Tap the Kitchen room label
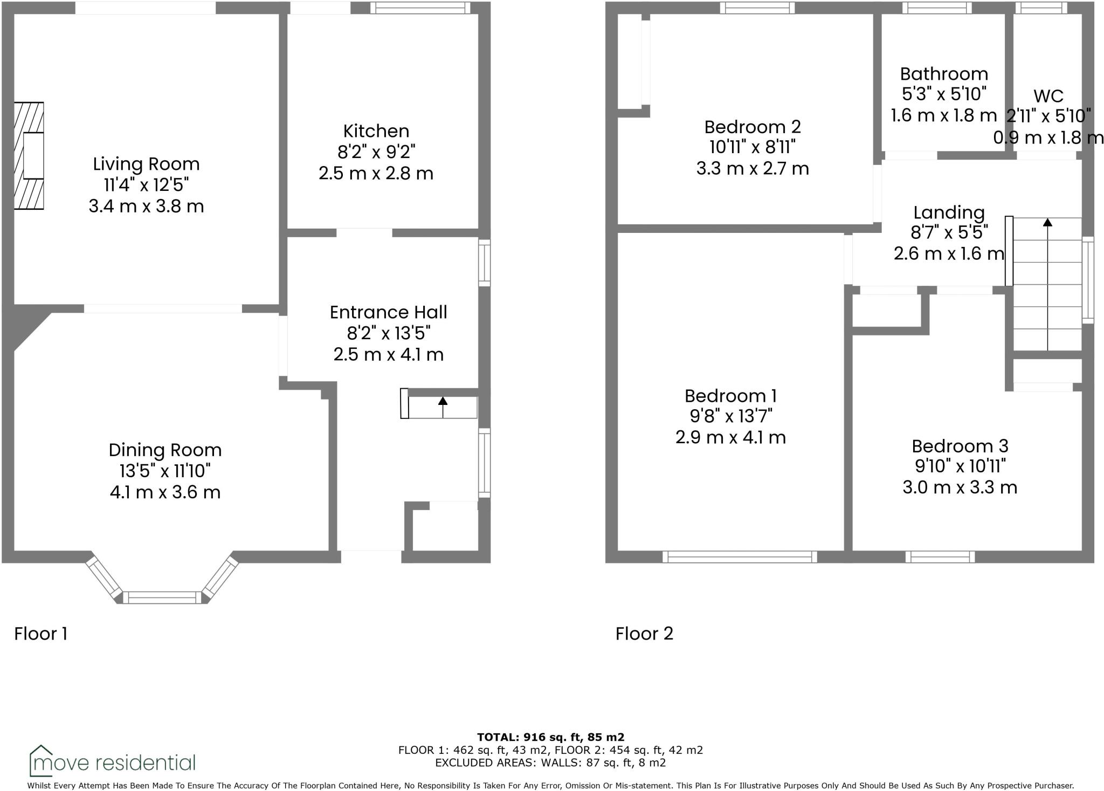coord(376,131)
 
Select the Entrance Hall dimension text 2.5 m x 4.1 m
coord(388,354)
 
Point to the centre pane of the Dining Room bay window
coord(162,597)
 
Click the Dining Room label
coord(165,450)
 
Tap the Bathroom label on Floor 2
coord(944,74)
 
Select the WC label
coord(1048,96)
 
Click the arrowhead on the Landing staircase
coord(1047,222)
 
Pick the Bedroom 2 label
coord(753,127)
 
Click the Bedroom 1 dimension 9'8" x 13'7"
coord(731,416)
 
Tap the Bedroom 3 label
coord(960,446)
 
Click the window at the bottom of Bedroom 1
coord(740,557)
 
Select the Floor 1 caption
coord(40,634)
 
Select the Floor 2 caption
coord(644,634)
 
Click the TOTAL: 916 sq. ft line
coord(550,737)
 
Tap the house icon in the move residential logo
coord(40,760)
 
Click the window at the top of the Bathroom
coord(937,8)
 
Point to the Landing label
coord(949,212)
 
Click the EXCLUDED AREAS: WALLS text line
coord(550,762)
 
